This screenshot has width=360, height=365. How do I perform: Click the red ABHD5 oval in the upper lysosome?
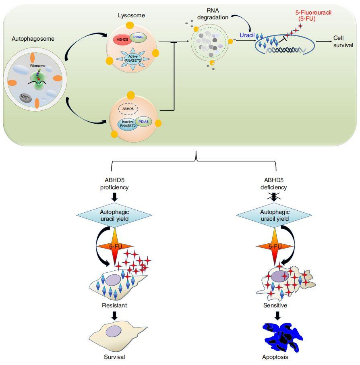pyautogui.click(x=122, y=39)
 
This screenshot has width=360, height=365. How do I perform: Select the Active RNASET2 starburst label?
pyautogui.click(x=133, y=59)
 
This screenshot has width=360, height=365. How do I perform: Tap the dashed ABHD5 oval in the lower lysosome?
pyautogui.click(x=128, y=109)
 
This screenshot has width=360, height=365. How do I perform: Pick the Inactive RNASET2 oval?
pyautogui.click(x=128, y=124)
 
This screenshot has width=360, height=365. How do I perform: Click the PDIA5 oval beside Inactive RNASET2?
pyautogui.click(x=143, y=122)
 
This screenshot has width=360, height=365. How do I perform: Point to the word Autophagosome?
pyautogui.click(x=33, y=39)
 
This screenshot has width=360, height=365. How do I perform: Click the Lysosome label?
pyautogui.click(x=131, y=15)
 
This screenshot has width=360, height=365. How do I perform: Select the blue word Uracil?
pyautogui.click(x=247, y=35)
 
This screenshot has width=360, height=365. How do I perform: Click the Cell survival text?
pyautogui.click(x=343, y=41)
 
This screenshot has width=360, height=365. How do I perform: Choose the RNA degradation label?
pyautogui.click(x=213, y=14)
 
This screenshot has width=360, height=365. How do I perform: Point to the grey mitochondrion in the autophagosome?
pyautogui.click(x=25, y=98)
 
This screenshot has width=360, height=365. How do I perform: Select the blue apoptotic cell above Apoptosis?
pyautogui.click(x=283, y=337)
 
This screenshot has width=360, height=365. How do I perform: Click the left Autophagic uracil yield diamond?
pyautogui.click(x=114, y=215)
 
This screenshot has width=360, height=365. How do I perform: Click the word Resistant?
pyautogui.click(x=114, y=305)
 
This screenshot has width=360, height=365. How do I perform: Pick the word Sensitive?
pyautogui.click(x=275, y=305)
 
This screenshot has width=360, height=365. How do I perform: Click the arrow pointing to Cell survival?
pyautogui.click(x=324, y=41)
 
